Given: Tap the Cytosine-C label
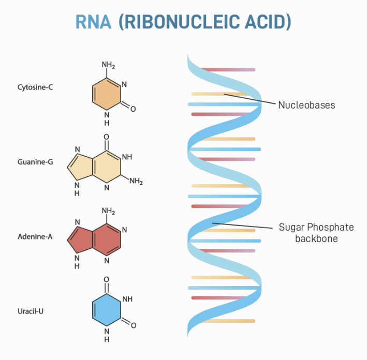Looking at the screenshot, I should click(x=35, y=87).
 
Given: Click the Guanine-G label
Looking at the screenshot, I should click(x=35, y=162).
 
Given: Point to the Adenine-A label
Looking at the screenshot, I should click(x=35, y=237).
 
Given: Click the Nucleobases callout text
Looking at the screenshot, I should click(x=306, y=105).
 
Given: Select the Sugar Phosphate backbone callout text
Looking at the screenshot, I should click(x=309, y=232).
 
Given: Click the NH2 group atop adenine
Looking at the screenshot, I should click(x=108, y=211).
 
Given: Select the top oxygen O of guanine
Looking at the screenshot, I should click(x=107, y=137).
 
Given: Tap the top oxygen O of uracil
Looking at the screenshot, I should click(x=107, y=279).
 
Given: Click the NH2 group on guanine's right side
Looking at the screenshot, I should click(x=136, y=181).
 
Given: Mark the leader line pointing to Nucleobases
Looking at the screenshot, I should click(x=248, y=99).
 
